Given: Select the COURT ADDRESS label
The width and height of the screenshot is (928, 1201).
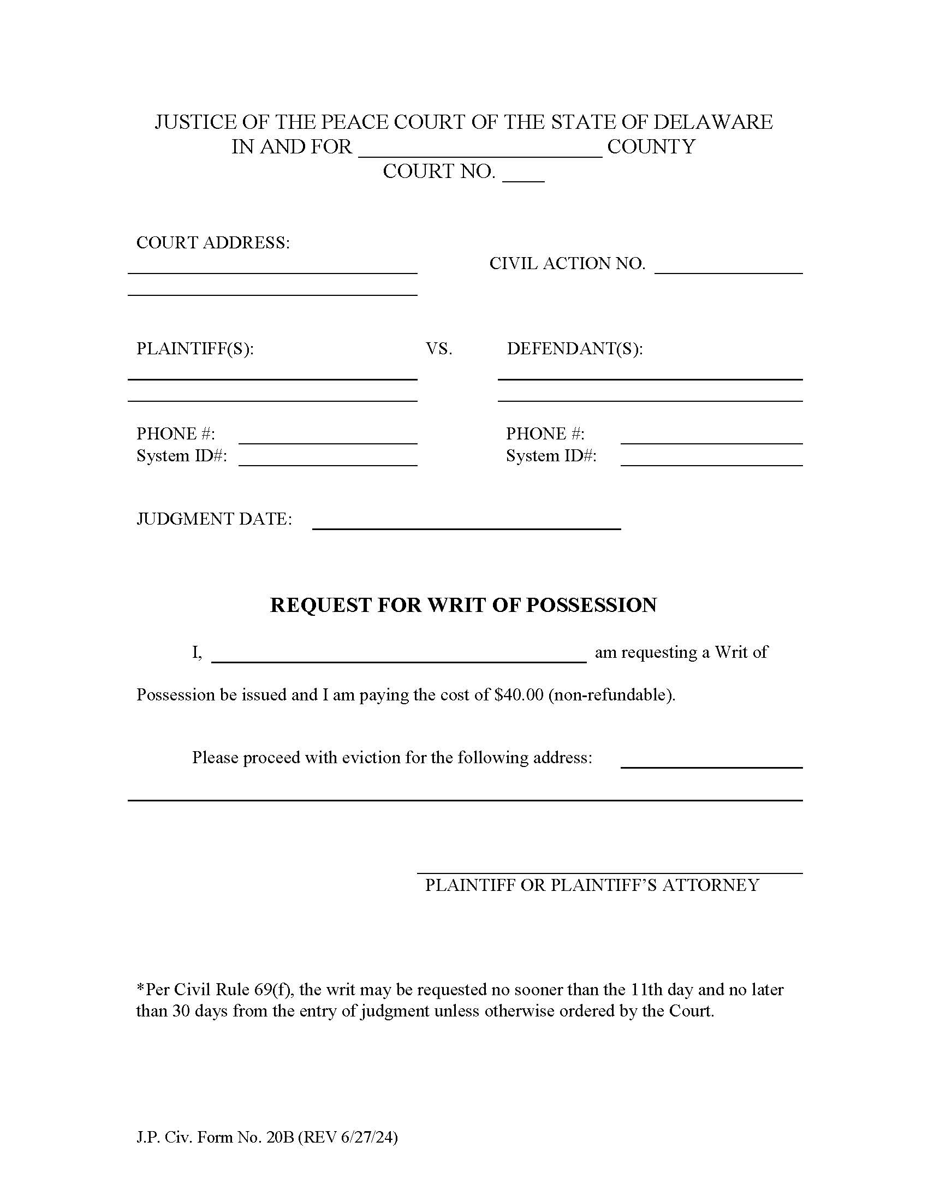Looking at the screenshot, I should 213,242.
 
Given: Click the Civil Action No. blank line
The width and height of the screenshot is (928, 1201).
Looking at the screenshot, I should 728,267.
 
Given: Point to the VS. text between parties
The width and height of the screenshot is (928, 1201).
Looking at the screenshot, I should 439,349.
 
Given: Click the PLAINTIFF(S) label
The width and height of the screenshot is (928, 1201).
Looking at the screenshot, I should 195,349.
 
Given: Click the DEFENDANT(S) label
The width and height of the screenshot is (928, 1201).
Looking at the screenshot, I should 574,349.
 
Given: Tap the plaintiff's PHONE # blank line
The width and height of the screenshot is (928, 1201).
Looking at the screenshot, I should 328,438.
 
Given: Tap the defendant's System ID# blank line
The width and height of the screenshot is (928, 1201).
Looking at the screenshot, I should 711,460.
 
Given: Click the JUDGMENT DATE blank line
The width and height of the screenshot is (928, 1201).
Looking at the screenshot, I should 466,523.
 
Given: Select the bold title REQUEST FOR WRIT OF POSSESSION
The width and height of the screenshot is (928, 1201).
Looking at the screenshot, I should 463,605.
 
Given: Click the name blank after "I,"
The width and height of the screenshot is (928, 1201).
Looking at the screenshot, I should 398,657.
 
